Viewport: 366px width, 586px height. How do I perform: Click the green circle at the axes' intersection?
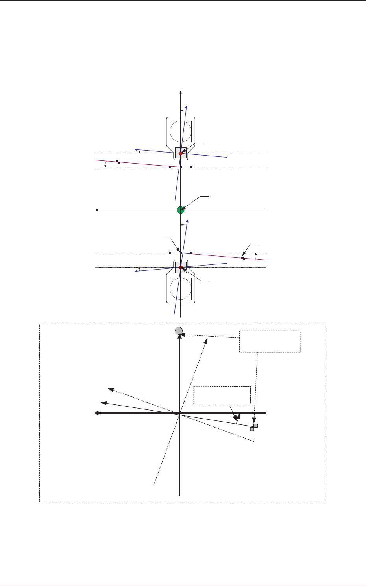[181, 210]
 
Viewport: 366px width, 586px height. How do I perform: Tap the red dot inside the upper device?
[181, 153]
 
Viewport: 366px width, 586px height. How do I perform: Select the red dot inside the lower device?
[181, 267]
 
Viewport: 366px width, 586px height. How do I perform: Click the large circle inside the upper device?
[181, 131]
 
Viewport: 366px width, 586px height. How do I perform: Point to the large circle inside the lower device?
[181, 289]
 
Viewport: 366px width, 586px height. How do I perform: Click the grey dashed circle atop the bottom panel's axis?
[179, 331]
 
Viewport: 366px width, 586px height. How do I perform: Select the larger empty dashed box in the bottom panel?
[270, 341]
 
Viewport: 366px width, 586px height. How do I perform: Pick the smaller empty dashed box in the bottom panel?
[222, 395]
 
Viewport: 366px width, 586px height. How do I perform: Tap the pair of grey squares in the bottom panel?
[254, 427]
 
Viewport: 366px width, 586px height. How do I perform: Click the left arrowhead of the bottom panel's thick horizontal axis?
[96, 413]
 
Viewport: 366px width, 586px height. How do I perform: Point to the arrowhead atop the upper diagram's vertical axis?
[180, 93]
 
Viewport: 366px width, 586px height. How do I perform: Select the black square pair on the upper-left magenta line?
[118, 162]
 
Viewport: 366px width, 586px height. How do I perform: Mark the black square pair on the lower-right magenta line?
[243, 259]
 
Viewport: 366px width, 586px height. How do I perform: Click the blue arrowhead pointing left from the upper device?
[136, 150]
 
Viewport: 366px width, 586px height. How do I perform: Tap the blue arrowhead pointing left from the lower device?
[136, 271]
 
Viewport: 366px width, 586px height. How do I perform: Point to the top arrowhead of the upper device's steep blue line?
[187, 107]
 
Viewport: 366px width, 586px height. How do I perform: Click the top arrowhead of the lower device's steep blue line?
[187, 222]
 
